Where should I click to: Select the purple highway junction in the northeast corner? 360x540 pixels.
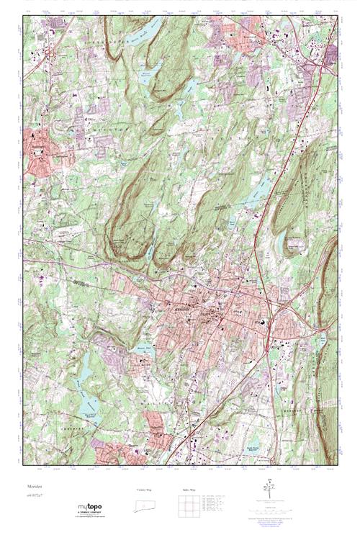click(320, 68)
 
